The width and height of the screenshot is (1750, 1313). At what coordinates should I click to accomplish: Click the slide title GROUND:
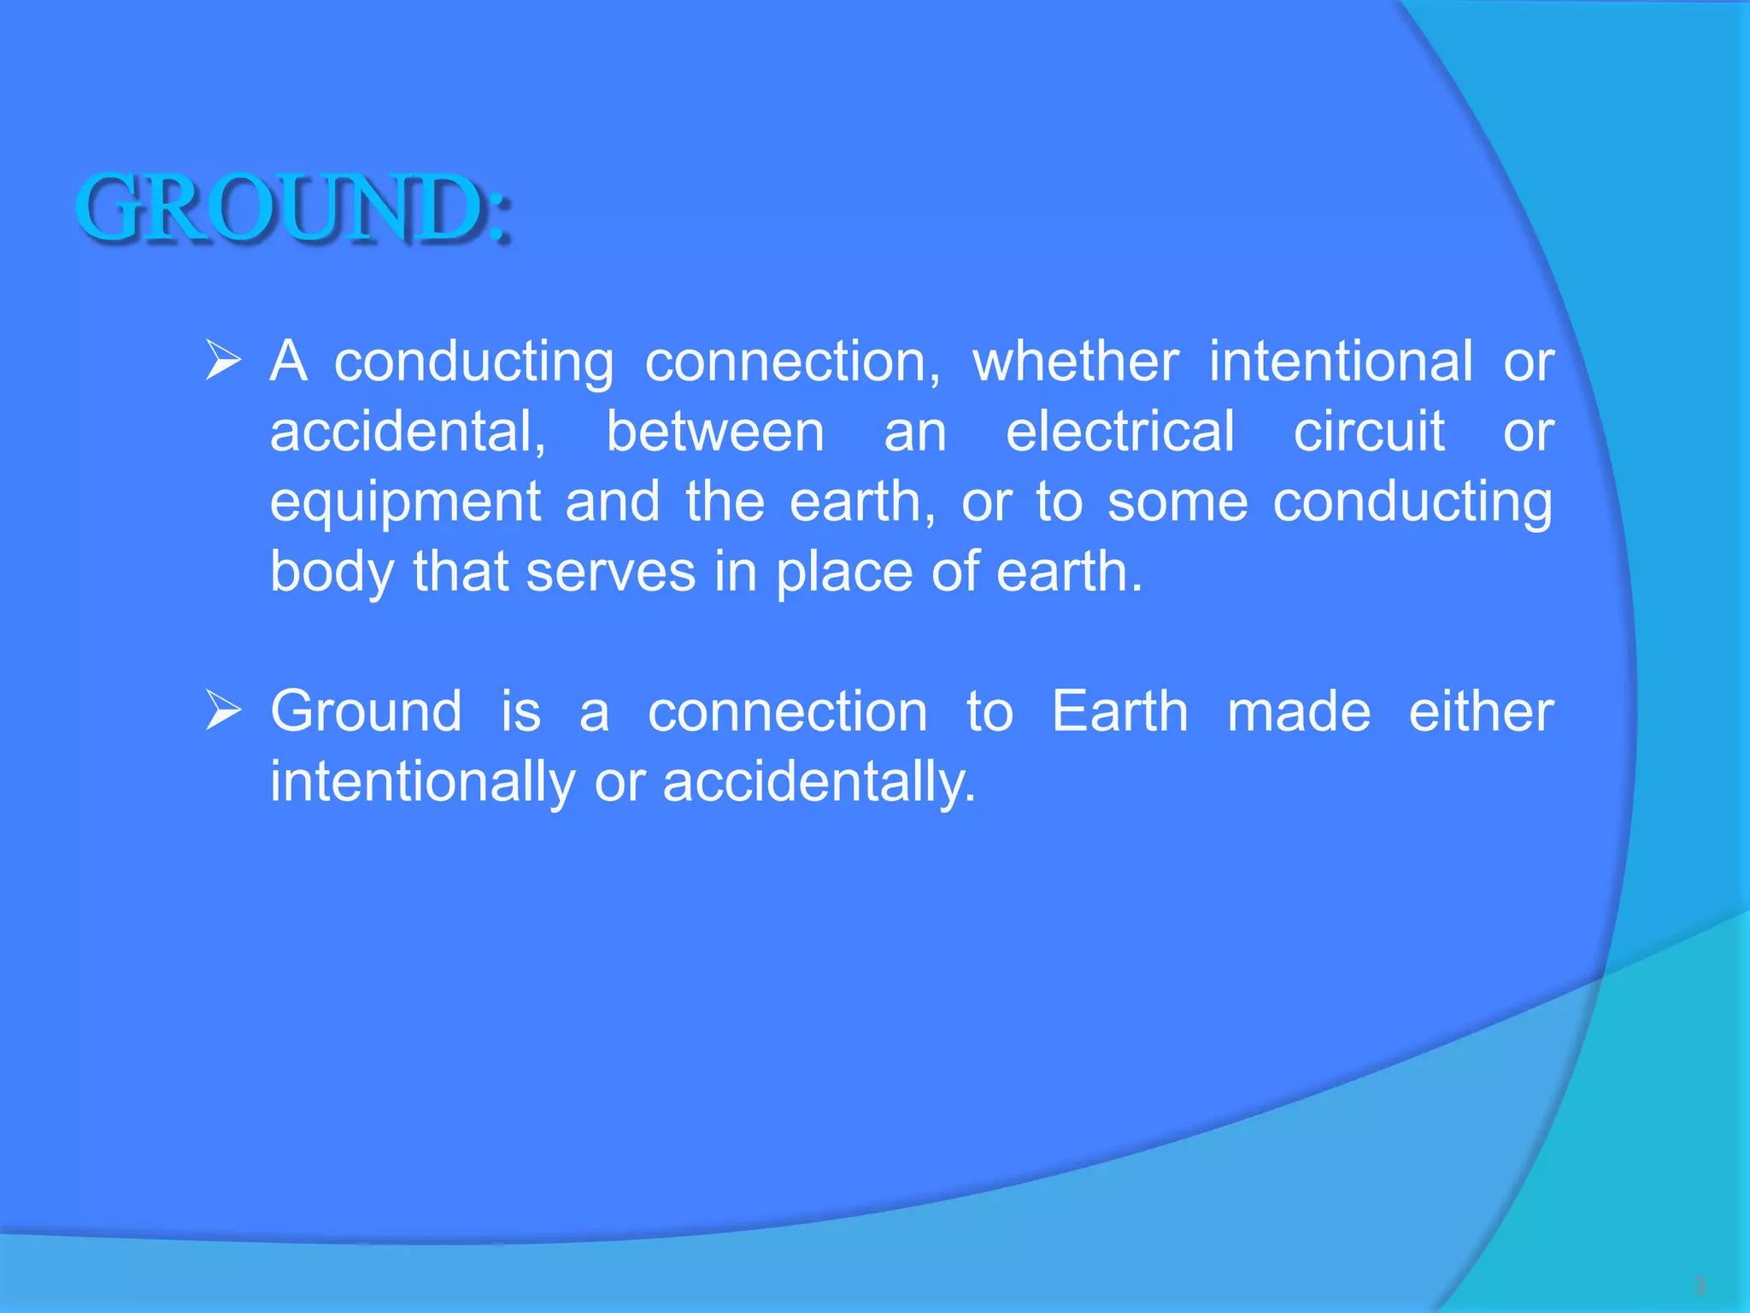(294, 208)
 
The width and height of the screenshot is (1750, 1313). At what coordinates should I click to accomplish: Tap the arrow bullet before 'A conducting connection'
(224, 361)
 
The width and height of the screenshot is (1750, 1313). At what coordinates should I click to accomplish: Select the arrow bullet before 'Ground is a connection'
(224, 711)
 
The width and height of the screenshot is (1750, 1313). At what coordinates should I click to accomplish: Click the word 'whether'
(1076, 361)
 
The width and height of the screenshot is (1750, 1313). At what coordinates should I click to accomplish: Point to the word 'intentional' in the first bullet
(1341, 361)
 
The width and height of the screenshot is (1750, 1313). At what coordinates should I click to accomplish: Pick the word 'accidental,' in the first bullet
(408, 431)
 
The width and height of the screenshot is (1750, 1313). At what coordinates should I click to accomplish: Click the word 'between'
(715, 431)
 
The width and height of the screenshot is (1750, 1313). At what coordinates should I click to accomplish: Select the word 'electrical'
(1119, 431)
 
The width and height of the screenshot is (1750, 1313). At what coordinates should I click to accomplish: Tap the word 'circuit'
(1369, 431)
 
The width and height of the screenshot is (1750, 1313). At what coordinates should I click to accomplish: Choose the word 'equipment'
(405, 503)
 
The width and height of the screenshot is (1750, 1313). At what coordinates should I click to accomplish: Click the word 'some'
(1177, 501)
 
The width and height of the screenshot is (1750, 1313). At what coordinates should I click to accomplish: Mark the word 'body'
(332, 573)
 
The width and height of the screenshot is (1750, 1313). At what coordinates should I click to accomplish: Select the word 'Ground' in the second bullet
(366, 711)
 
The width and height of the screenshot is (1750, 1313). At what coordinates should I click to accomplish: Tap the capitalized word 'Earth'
(1119, 711)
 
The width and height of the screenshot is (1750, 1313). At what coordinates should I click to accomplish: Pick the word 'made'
(1299, 711)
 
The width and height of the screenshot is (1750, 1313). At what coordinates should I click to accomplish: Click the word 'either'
(1481, 711)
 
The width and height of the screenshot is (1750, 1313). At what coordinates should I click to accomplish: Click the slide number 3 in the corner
(1700, 1285)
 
